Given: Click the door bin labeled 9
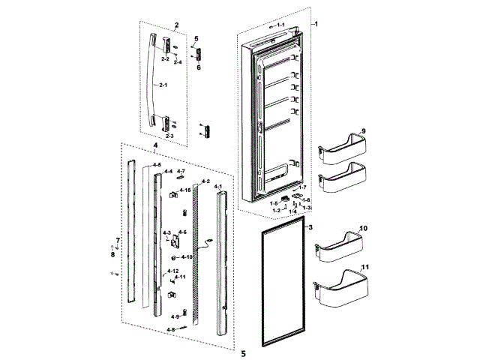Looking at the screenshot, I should [340, 149].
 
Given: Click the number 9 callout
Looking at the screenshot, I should [362, 132].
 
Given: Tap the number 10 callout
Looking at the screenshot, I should [363, 227].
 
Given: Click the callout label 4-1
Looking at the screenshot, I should [218, 185].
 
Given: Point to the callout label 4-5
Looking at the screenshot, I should [157, 164].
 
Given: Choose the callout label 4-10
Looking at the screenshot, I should [186, 257].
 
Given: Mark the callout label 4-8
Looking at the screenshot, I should [170, 329].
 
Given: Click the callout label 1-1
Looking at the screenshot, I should [280, 25].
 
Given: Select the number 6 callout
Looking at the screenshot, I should [199, 67].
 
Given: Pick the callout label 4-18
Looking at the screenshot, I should [184, 190].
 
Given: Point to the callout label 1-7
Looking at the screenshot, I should [303, 187].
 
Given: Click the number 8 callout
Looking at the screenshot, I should [113, 254].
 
